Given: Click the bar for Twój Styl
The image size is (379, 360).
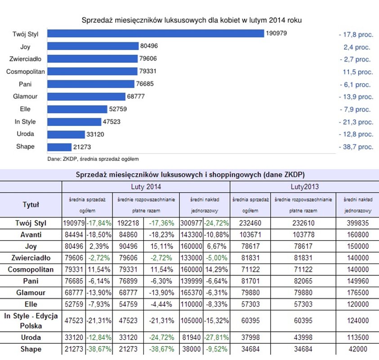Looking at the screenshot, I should click(x=155, y=34).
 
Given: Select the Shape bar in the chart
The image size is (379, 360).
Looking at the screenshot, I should click(x=59, y=147).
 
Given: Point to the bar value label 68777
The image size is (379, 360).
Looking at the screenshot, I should click(x=136, y=97).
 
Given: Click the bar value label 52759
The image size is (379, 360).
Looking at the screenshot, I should click(x=119, y=109).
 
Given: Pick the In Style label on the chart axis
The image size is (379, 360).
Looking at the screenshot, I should click(x=25, y=121).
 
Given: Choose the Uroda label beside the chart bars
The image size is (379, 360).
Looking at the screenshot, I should click(x=25, y=134).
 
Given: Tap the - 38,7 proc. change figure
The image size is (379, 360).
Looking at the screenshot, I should click(x=356, y=147).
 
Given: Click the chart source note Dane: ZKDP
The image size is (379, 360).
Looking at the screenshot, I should click(x=93, y=159).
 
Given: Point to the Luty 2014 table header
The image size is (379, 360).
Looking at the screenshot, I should click(x=146, y=186).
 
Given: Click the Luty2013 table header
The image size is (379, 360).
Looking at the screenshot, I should click(x=304, y=186).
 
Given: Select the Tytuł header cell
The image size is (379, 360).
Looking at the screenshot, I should click(x=31, y=205).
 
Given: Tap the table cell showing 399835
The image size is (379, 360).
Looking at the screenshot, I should click(x=358, y=223).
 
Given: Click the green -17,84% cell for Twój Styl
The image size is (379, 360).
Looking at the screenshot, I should click(x=99, y=223).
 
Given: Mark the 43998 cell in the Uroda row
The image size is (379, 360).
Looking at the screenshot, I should click(x=303, y=337).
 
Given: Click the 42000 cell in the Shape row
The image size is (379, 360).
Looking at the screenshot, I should click(x=358, y=349).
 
